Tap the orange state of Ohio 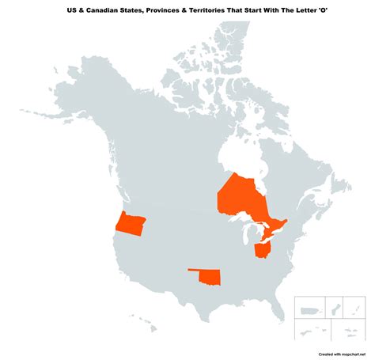point(262,251)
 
